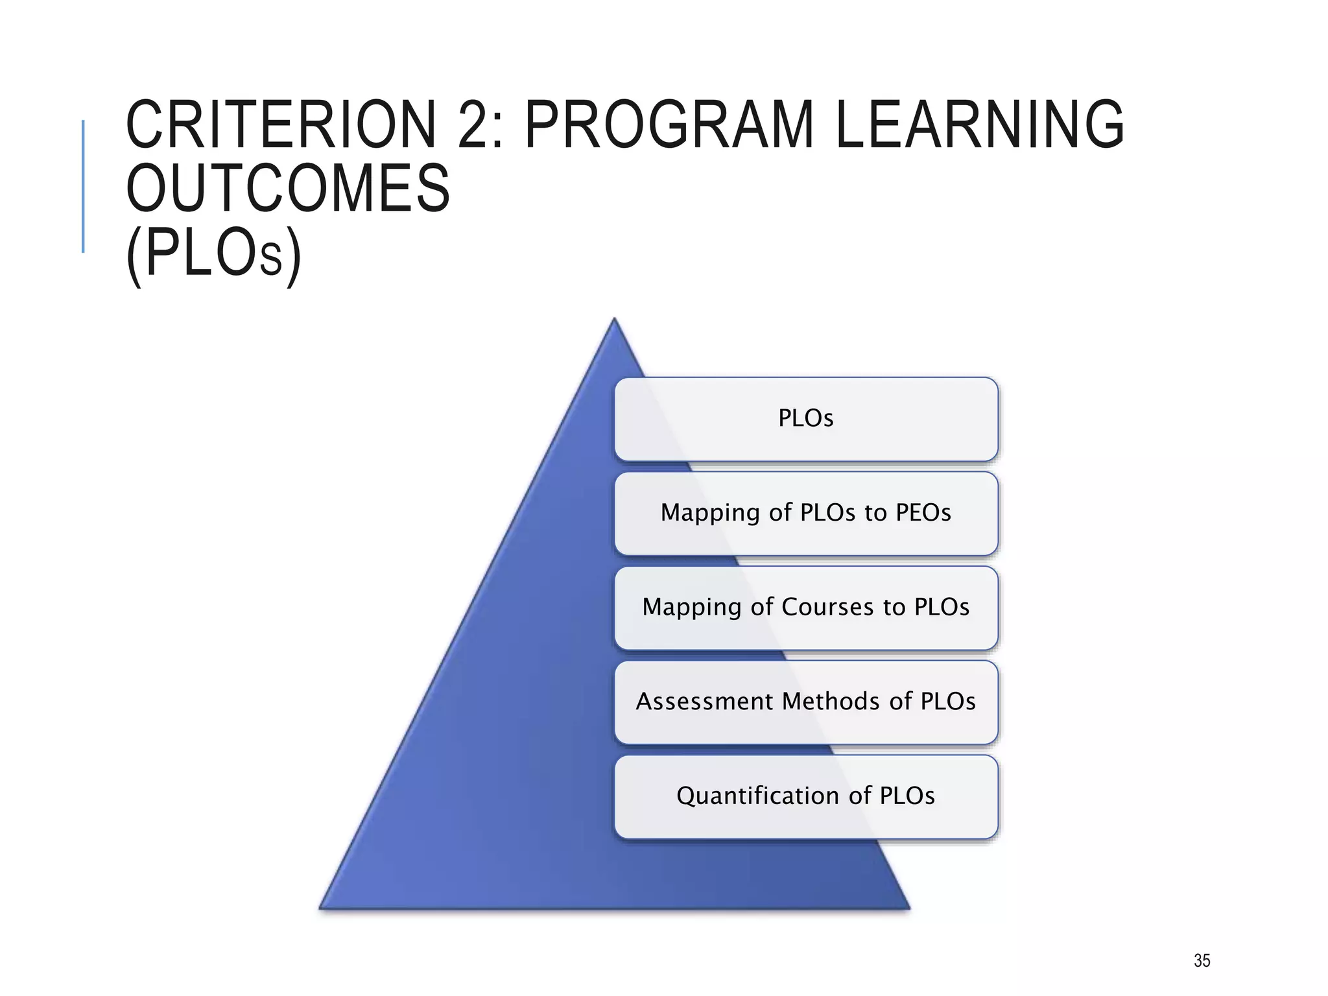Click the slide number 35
pos(1202,960)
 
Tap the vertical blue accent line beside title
pos(83,186)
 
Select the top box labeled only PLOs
pos(806,418)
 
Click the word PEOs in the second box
pos(923,513)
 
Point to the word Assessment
pos(705,702)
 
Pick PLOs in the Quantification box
pos(907,796)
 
